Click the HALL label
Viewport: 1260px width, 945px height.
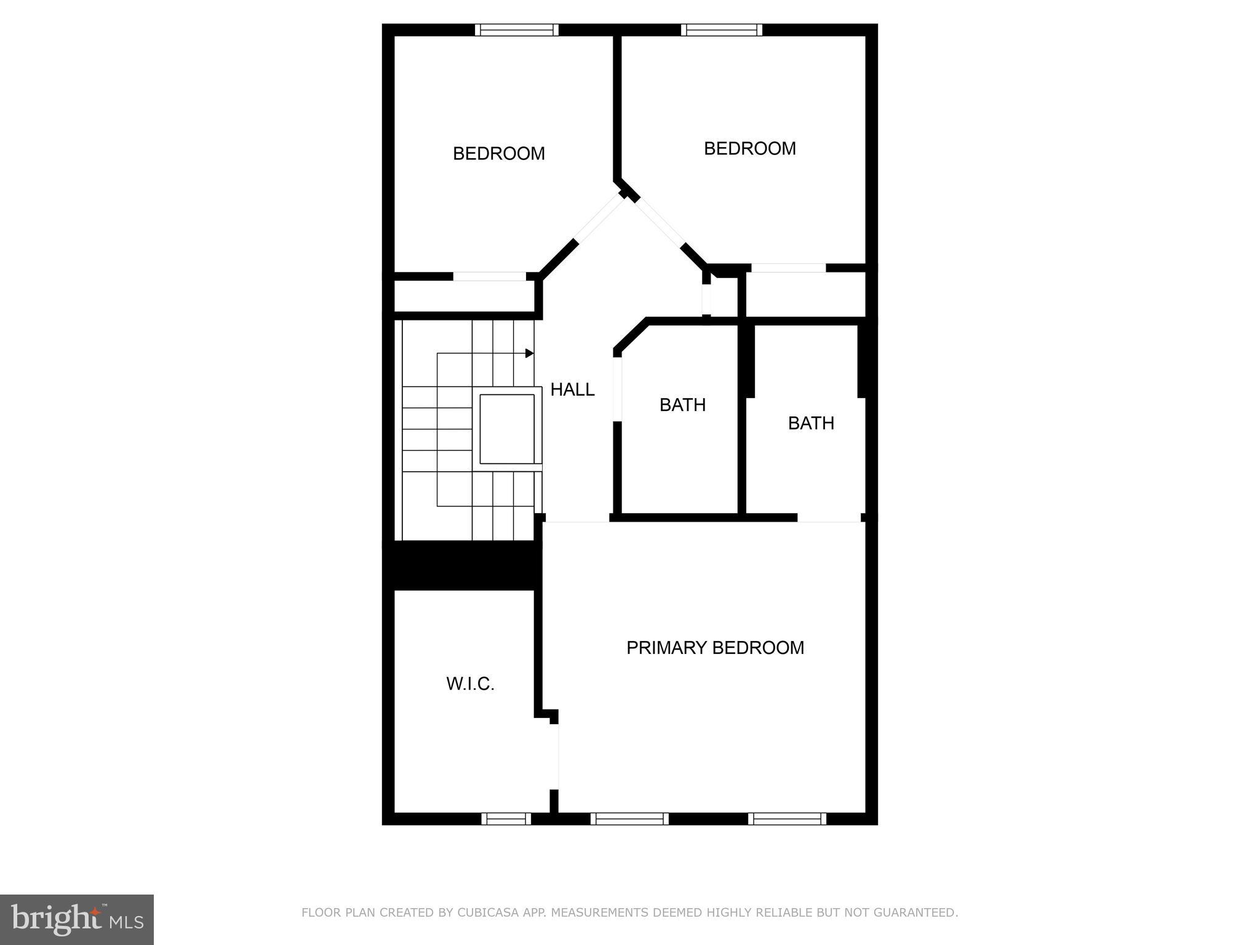click(x=572, y=389)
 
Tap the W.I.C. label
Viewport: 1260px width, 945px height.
click(x=470, y=684)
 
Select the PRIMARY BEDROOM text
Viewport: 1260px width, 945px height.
click(x=715, y=647)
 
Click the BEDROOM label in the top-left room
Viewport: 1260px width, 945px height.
click(x=498, y=153)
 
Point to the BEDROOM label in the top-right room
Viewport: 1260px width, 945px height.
click(x=749, y=148)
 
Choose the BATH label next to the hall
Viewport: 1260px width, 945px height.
click(x=682, y=405)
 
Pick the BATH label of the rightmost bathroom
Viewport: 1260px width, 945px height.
click(x=811, y=423)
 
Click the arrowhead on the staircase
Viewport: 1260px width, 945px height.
click(x=529, y=353)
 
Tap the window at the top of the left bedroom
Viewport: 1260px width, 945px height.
click(x=517, y=30)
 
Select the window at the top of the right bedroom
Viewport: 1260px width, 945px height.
click(x=722, y=30)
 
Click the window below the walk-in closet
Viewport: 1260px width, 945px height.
click(x=506, y=818)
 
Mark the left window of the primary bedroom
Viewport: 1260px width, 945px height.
click(x=629, y=818)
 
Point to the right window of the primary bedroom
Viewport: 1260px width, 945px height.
click(x=787, y=818)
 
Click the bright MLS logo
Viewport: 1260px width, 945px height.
click(x=77, y=920)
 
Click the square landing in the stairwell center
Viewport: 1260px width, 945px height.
click(x=507, y=429)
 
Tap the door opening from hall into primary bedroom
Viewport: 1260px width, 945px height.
click(x=577, y=522)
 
